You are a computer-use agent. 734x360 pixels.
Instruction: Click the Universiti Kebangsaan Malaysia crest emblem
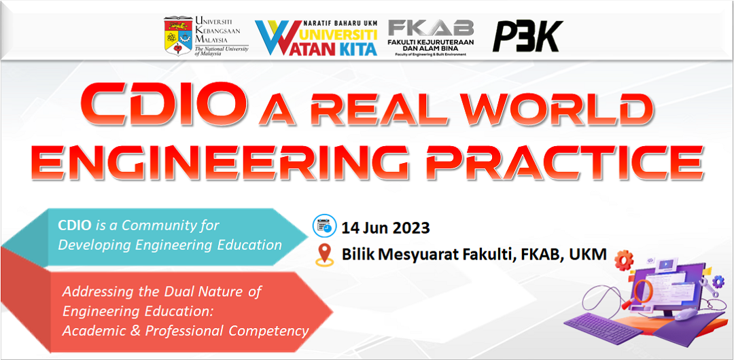coord(177,35)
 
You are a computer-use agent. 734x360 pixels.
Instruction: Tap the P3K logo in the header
coord(527,36)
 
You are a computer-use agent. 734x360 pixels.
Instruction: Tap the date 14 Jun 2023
coord(385,227)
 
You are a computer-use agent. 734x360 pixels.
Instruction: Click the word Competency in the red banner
coord(268,331)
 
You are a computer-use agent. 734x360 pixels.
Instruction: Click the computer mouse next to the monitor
coord(687,313)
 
